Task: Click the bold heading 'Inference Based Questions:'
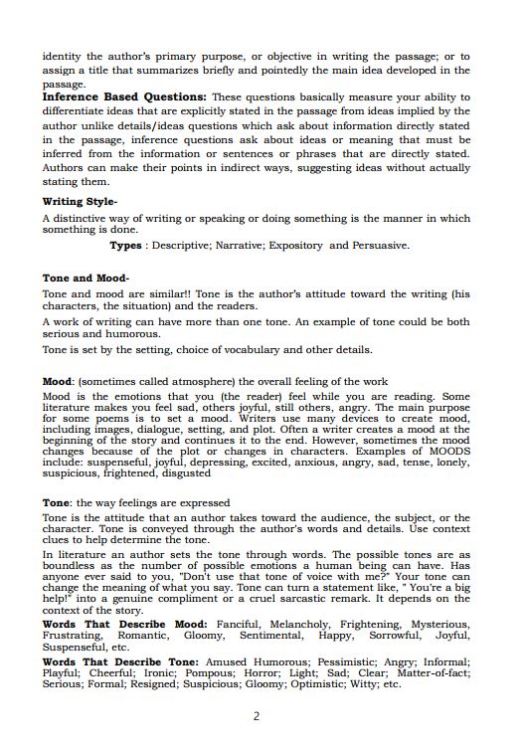124,97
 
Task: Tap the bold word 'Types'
125,246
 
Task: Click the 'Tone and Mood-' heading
86,279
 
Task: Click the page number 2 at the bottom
257,716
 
